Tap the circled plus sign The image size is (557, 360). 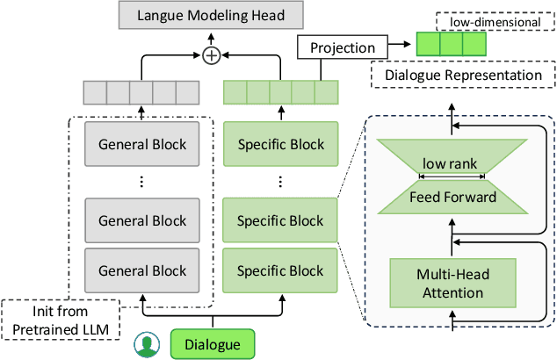pos(211,55)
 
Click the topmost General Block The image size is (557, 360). pos(141,144)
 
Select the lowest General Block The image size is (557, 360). pos(141,270)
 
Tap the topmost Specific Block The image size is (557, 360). pos(281,144)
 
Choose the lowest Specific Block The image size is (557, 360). pos(281,270)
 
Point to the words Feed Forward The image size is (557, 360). pos(452,197)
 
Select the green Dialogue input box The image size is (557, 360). pos(211,342)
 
